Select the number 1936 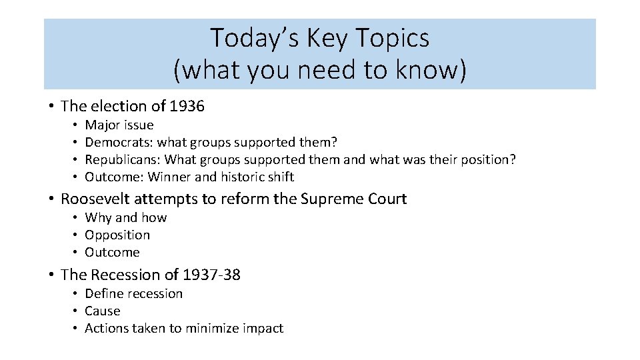point(187,106)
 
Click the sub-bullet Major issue point(119,125)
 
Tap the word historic point(241,177)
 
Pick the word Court point(387,199)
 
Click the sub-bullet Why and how point(126,217)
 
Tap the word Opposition point(117,235)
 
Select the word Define point(104,293)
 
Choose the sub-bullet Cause point(103,311)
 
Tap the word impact point(265,328)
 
